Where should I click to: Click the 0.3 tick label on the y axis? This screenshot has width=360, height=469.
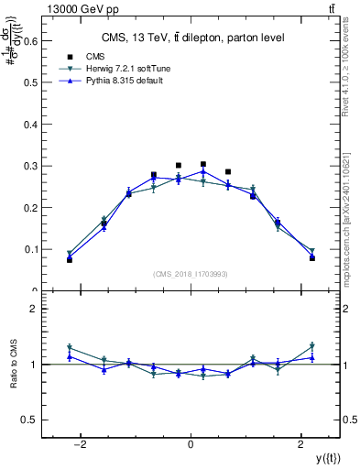click(29, 165)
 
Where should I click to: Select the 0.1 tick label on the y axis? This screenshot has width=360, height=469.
click(29, 249)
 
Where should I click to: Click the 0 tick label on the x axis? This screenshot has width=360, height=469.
click(191, 445)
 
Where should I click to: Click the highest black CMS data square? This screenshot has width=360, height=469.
click(203, 164)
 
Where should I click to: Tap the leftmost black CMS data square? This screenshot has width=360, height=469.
click(69, 260)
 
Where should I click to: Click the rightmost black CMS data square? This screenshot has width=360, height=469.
click(312, 258)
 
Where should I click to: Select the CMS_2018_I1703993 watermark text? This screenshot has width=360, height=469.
click(191, 274)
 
